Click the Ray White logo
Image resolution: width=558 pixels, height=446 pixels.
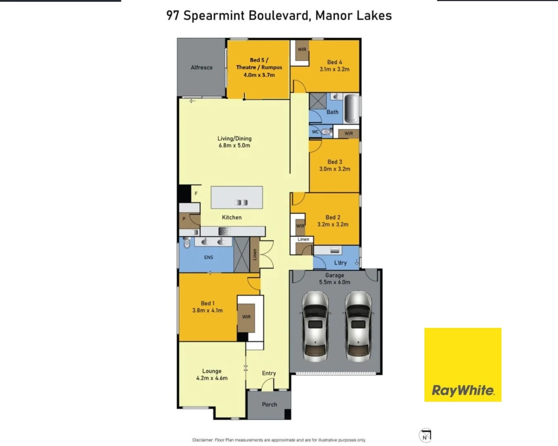463,365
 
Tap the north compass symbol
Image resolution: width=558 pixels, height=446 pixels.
425,436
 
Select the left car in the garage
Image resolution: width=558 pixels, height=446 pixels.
315,326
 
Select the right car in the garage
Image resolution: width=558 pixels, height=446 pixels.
358,326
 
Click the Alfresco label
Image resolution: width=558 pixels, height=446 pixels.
201,68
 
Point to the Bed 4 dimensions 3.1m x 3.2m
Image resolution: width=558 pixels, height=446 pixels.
334,69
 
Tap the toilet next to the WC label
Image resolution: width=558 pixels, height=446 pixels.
326,132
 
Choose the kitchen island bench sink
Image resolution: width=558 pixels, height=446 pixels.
241,202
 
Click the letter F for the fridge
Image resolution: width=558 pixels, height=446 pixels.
196,193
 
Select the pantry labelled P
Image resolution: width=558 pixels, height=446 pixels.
184,219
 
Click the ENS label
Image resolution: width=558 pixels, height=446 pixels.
208,257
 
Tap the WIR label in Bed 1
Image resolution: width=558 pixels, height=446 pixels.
246,317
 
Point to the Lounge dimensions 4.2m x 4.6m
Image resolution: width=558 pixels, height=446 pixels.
212,378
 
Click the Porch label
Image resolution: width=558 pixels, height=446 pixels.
269,405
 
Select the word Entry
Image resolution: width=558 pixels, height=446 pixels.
269,373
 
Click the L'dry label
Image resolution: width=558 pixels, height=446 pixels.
340,263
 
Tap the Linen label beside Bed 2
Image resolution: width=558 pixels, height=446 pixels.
303,239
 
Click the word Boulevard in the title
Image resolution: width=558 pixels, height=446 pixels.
279,16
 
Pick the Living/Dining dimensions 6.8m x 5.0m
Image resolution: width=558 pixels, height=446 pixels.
234,146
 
